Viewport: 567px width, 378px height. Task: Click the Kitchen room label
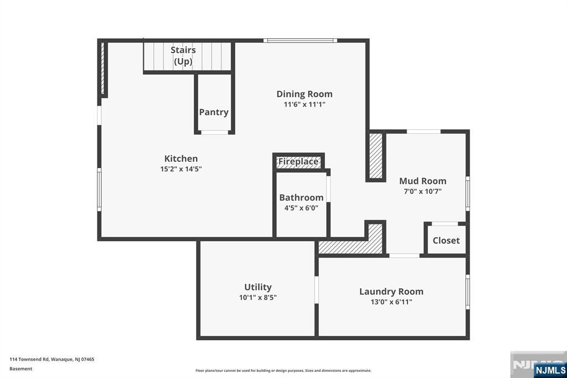(181, 159)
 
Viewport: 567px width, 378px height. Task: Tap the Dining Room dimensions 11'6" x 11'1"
(305, 104)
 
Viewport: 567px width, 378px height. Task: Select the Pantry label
(214, 112)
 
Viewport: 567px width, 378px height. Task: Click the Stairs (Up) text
(183, 56)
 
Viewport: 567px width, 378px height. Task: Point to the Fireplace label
(298, 162)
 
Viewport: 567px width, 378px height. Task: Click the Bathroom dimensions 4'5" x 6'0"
(301, 208)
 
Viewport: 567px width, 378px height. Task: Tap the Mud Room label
(422, 181)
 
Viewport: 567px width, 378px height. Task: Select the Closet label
(446, 241)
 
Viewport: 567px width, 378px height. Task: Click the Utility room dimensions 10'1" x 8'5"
(257, 297)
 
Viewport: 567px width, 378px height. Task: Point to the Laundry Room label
(391, 292)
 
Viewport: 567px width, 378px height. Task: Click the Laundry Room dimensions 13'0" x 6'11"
(391, 302)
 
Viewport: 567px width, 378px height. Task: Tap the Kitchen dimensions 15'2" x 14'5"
(181, 169)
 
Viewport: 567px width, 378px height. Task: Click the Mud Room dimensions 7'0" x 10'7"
(422, 191)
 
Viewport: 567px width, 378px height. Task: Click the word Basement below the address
(21, 369)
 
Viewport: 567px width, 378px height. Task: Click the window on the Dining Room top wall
(300, 40)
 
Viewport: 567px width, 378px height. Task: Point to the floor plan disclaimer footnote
(283, 370)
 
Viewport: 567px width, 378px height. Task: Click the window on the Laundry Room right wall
(468, 292)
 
